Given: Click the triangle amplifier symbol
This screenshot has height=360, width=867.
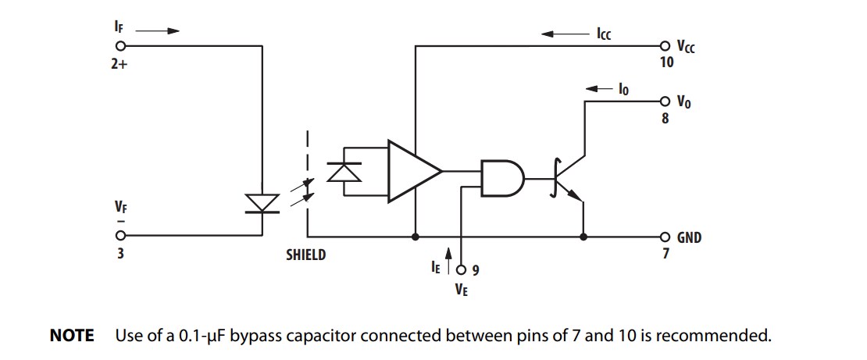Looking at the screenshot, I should pyautogui.click(x=412, y=170).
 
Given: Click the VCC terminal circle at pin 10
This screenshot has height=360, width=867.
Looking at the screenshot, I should pyautogui.click(x=664, y=46).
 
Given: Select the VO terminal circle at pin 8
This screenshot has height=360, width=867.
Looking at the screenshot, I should pyautogui.click(x=664, y=102).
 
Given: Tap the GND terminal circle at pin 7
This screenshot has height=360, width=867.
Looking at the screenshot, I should pyautogui.click(x=664, y=237).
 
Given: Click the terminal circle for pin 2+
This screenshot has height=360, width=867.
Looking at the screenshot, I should pyautogui.click(x=120, y=46).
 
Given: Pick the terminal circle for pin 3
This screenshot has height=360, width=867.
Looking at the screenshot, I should pyautogui.click(x=120, y=237).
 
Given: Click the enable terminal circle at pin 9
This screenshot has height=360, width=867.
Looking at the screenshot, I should pyautogui.click(x=461, y=270).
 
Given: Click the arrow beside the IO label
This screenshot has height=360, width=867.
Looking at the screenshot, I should pyautogui.click(x=598, y=90).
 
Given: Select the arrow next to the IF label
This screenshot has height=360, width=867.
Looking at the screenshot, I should pyautogui.click(x=162, y=31).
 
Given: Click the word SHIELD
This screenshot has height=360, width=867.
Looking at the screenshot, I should pyautogui.click(x=305, y=255).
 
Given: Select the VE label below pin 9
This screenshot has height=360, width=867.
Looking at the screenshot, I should pyautogui.click(x=462, y=290).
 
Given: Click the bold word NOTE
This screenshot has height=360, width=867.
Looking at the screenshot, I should pyautogui.click(x=72, y=336).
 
